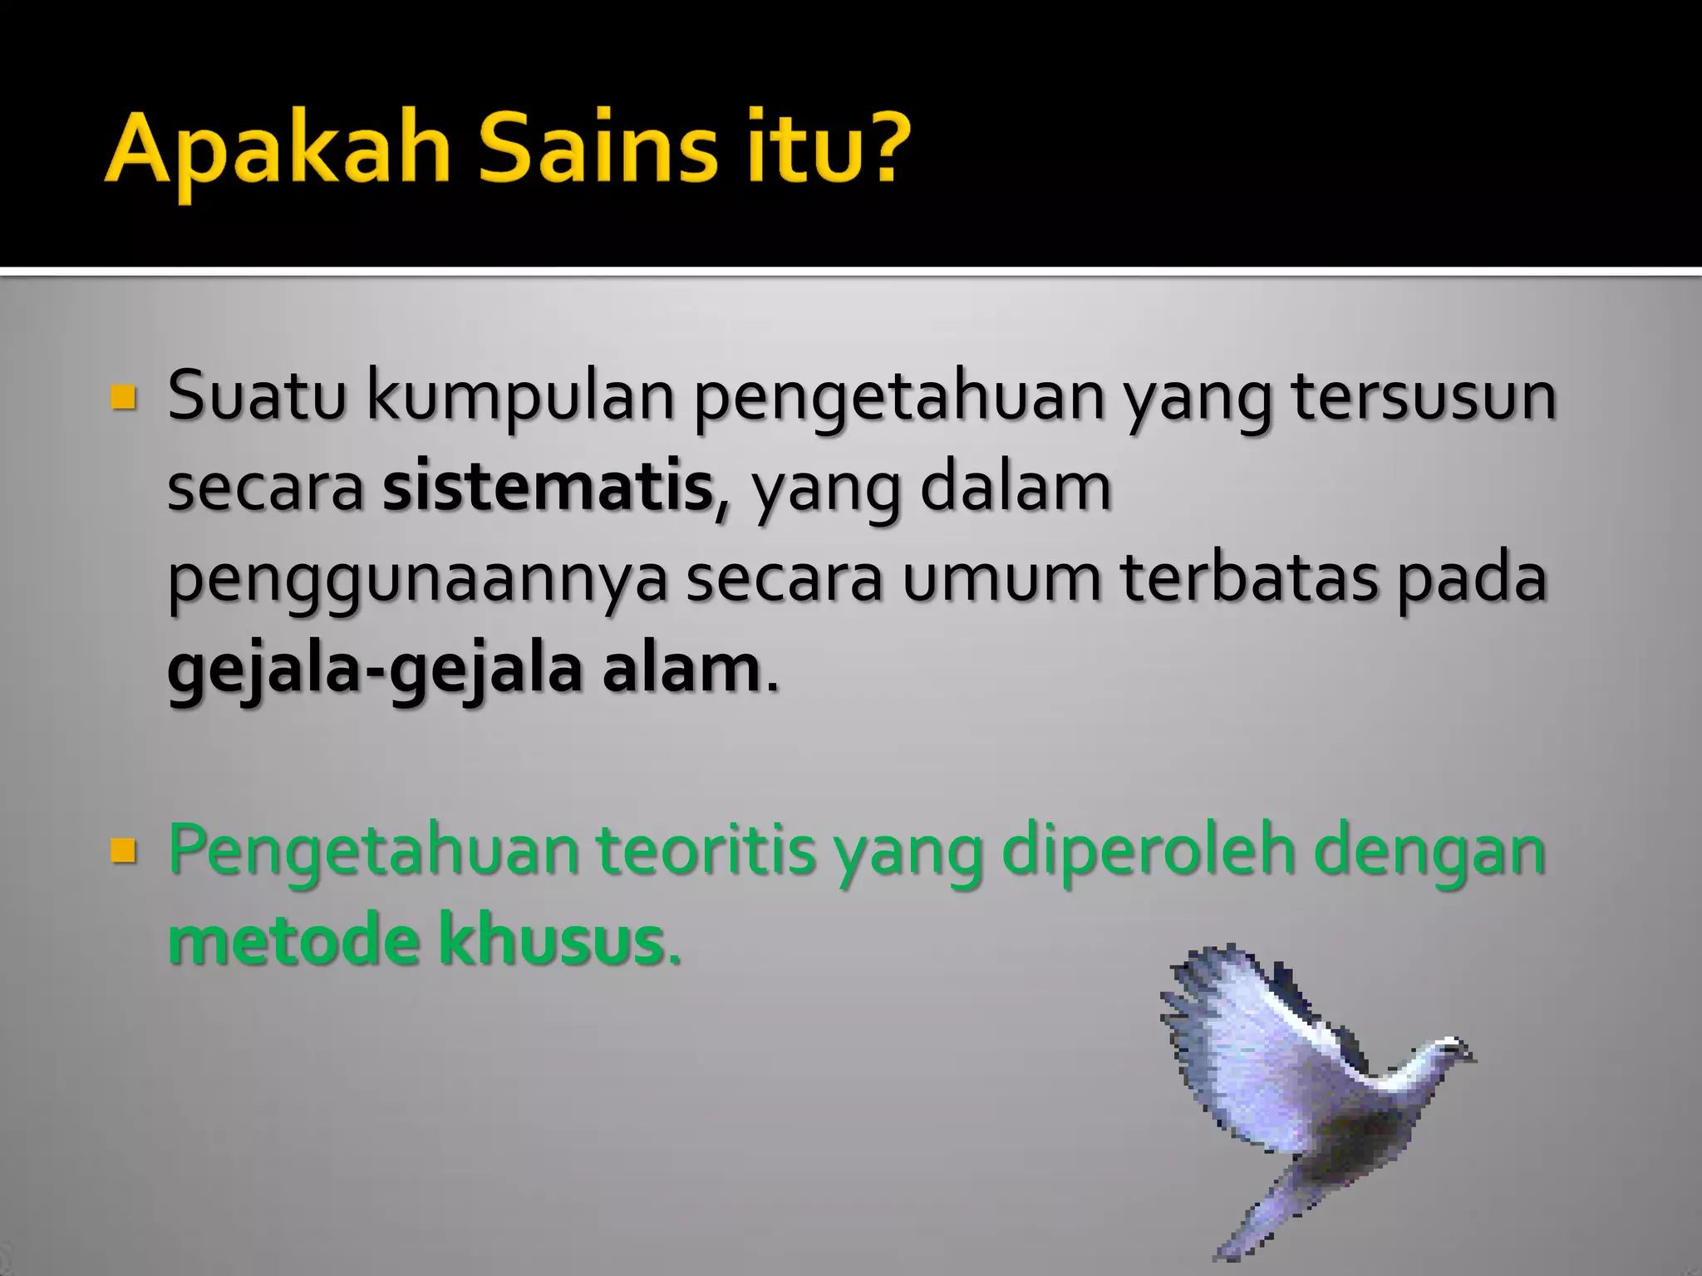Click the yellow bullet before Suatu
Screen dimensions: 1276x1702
(123, 398)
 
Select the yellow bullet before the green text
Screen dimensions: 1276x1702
(123, 851)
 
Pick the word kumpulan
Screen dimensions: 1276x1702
(520, 397)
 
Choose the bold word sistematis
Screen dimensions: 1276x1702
(548, 488)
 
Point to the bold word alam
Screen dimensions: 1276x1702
(681, 670)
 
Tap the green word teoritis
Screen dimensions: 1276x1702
(706, 851)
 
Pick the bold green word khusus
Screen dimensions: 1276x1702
(552, 941)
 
